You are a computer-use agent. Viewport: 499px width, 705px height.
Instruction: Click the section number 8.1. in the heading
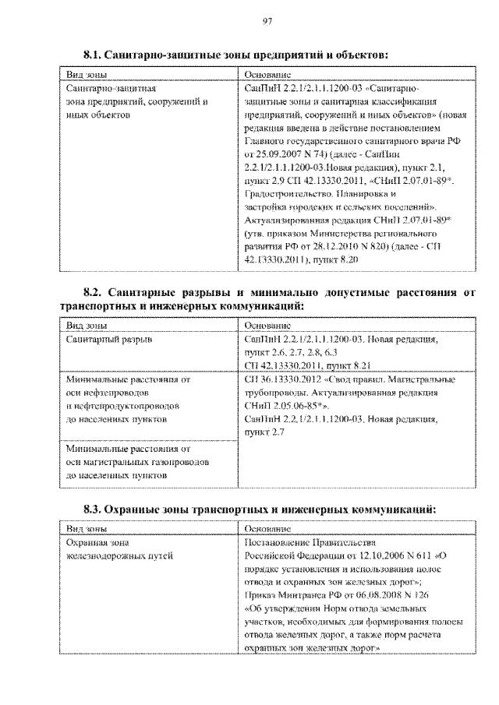(x=96, y=55)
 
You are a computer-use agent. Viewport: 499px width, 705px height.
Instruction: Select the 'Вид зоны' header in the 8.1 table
(x=86, y=74)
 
